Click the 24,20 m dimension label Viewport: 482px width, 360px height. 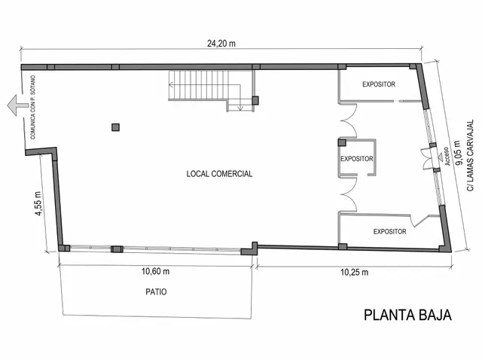coord(221,44)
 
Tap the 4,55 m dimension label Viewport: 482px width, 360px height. coord(38,203)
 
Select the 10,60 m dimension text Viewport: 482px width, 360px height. coord(155,271)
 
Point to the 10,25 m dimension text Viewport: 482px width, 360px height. coord(354,273)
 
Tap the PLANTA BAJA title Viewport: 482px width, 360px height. coord(407,316)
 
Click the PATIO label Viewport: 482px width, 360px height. coord(156,291)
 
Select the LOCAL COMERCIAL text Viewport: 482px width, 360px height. coord(219,174)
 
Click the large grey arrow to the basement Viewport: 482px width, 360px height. coord(18,105)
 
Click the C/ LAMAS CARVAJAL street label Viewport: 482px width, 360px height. coord(471,156)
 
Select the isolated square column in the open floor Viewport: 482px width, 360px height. coord(115,127)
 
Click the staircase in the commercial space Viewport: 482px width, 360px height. coord(212,90)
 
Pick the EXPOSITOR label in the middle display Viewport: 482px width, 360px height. coord(356,159)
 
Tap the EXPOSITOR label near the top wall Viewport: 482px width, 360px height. coord(379,84)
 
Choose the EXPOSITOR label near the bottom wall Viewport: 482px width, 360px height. coord(390,231)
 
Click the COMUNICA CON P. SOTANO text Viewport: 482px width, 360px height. coord(33,107)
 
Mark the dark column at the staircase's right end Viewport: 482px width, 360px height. coord(255,100)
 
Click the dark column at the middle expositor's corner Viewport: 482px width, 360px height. coord(342,142)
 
